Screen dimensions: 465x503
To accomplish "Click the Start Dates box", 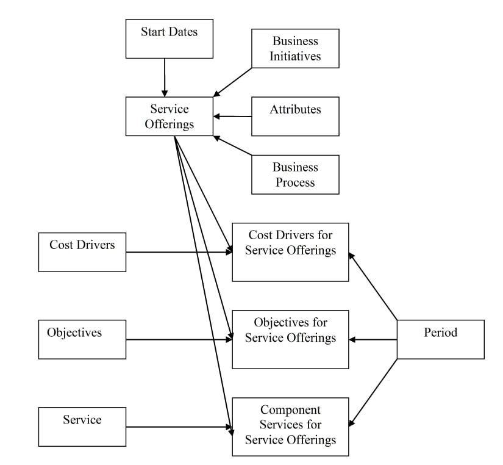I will [x=169, y=38].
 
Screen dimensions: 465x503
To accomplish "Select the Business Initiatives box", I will [x=295, y=48].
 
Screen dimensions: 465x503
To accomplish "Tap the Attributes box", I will [x=295, y=116].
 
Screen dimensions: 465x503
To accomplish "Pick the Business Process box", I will [x=295, y=175].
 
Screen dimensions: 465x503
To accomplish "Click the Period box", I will [x=440, y=339].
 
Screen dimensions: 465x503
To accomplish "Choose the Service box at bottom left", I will [x=82, y=427].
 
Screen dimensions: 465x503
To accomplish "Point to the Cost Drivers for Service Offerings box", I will [x=290, y=252].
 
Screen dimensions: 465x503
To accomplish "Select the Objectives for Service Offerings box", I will [x=290, y=339].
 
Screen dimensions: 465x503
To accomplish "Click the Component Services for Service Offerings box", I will [x=290, y=427].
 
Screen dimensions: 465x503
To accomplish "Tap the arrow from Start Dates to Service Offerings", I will [x=165, y=77].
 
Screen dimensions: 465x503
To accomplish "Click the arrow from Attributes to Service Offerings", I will [x=232, y=116].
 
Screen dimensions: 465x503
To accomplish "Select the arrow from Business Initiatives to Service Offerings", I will [x=232, y=82].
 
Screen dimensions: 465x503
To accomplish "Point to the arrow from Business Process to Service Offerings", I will [x=232, y=145].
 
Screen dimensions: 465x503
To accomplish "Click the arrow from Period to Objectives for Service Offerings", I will [x=373, y=339].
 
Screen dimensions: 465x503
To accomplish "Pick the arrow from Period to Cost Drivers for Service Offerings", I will [x=373, y=286].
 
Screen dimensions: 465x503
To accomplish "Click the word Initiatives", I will [x=295, y=57].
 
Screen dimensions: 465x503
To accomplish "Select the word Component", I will [x=290, y=409].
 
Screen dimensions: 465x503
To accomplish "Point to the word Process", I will [x=295, y=182].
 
